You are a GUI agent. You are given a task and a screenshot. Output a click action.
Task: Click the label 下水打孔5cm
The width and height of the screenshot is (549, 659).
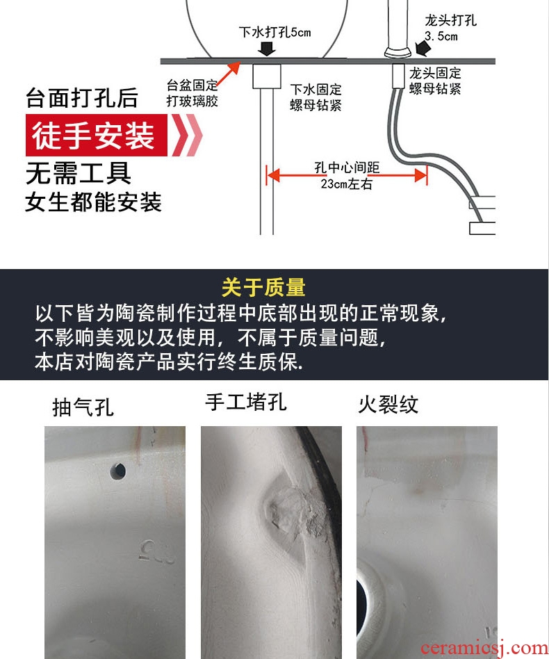(274, 32)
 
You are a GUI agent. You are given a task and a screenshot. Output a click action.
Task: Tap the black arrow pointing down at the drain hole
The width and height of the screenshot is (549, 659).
(267, 47)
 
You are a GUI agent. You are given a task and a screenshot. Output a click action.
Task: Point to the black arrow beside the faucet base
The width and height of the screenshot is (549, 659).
(423, 48)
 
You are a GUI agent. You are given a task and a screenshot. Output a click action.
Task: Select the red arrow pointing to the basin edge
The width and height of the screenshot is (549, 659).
(229, 73)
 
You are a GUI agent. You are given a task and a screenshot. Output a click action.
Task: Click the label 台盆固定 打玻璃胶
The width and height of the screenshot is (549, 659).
(192, 93)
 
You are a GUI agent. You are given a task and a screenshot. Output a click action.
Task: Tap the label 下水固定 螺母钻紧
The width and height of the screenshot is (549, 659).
(316, 97)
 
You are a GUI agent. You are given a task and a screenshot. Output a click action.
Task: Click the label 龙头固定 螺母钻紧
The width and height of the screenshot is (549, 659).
(435, 81)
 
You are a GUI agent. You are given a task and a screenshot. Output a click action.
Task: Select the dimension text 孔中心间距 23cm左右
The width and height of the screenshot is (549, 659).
(347, 175)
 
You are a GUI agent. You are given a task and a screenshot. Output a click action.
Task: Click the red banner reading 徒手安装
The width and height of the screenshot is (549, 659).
(96, 136)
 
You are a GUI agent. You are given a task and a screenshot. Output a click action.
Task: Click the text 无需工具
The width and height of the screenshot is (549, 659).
(78, 173)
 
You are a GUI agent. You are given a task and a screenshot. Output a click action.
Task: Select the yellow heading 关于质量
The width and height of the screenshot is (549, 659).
(263, 288)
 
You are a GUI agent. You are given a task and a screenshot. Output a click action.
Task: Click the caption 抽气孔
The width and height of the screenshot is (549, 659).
(83, 407)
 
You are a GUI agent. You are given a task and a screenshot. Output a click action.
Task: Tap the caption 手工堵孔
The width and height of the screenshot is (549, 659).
(246, 402)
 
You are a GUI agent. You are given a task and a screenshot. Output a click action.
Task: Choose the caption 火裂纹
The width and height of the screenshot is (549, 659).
(388, 405)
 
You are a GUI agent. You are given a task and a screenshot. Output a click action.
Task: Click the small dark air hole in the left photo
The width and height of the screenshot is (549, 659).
(117, 471)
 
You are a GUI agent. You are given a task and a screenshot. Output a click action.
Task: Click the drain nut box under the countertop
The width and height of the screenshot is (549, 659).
(267, 76)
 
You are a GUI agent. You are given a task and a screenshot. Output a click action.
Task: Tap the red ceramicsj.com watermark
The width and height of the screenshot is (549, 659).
(484, 649)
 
